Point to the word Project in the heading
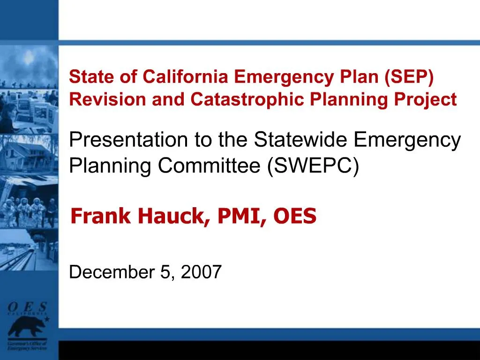click(x=431, y=99)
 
